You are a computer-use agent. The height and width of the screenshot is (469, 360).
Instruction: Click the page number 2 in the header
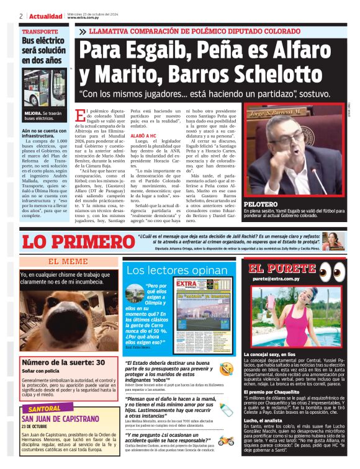coord(21,16)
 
